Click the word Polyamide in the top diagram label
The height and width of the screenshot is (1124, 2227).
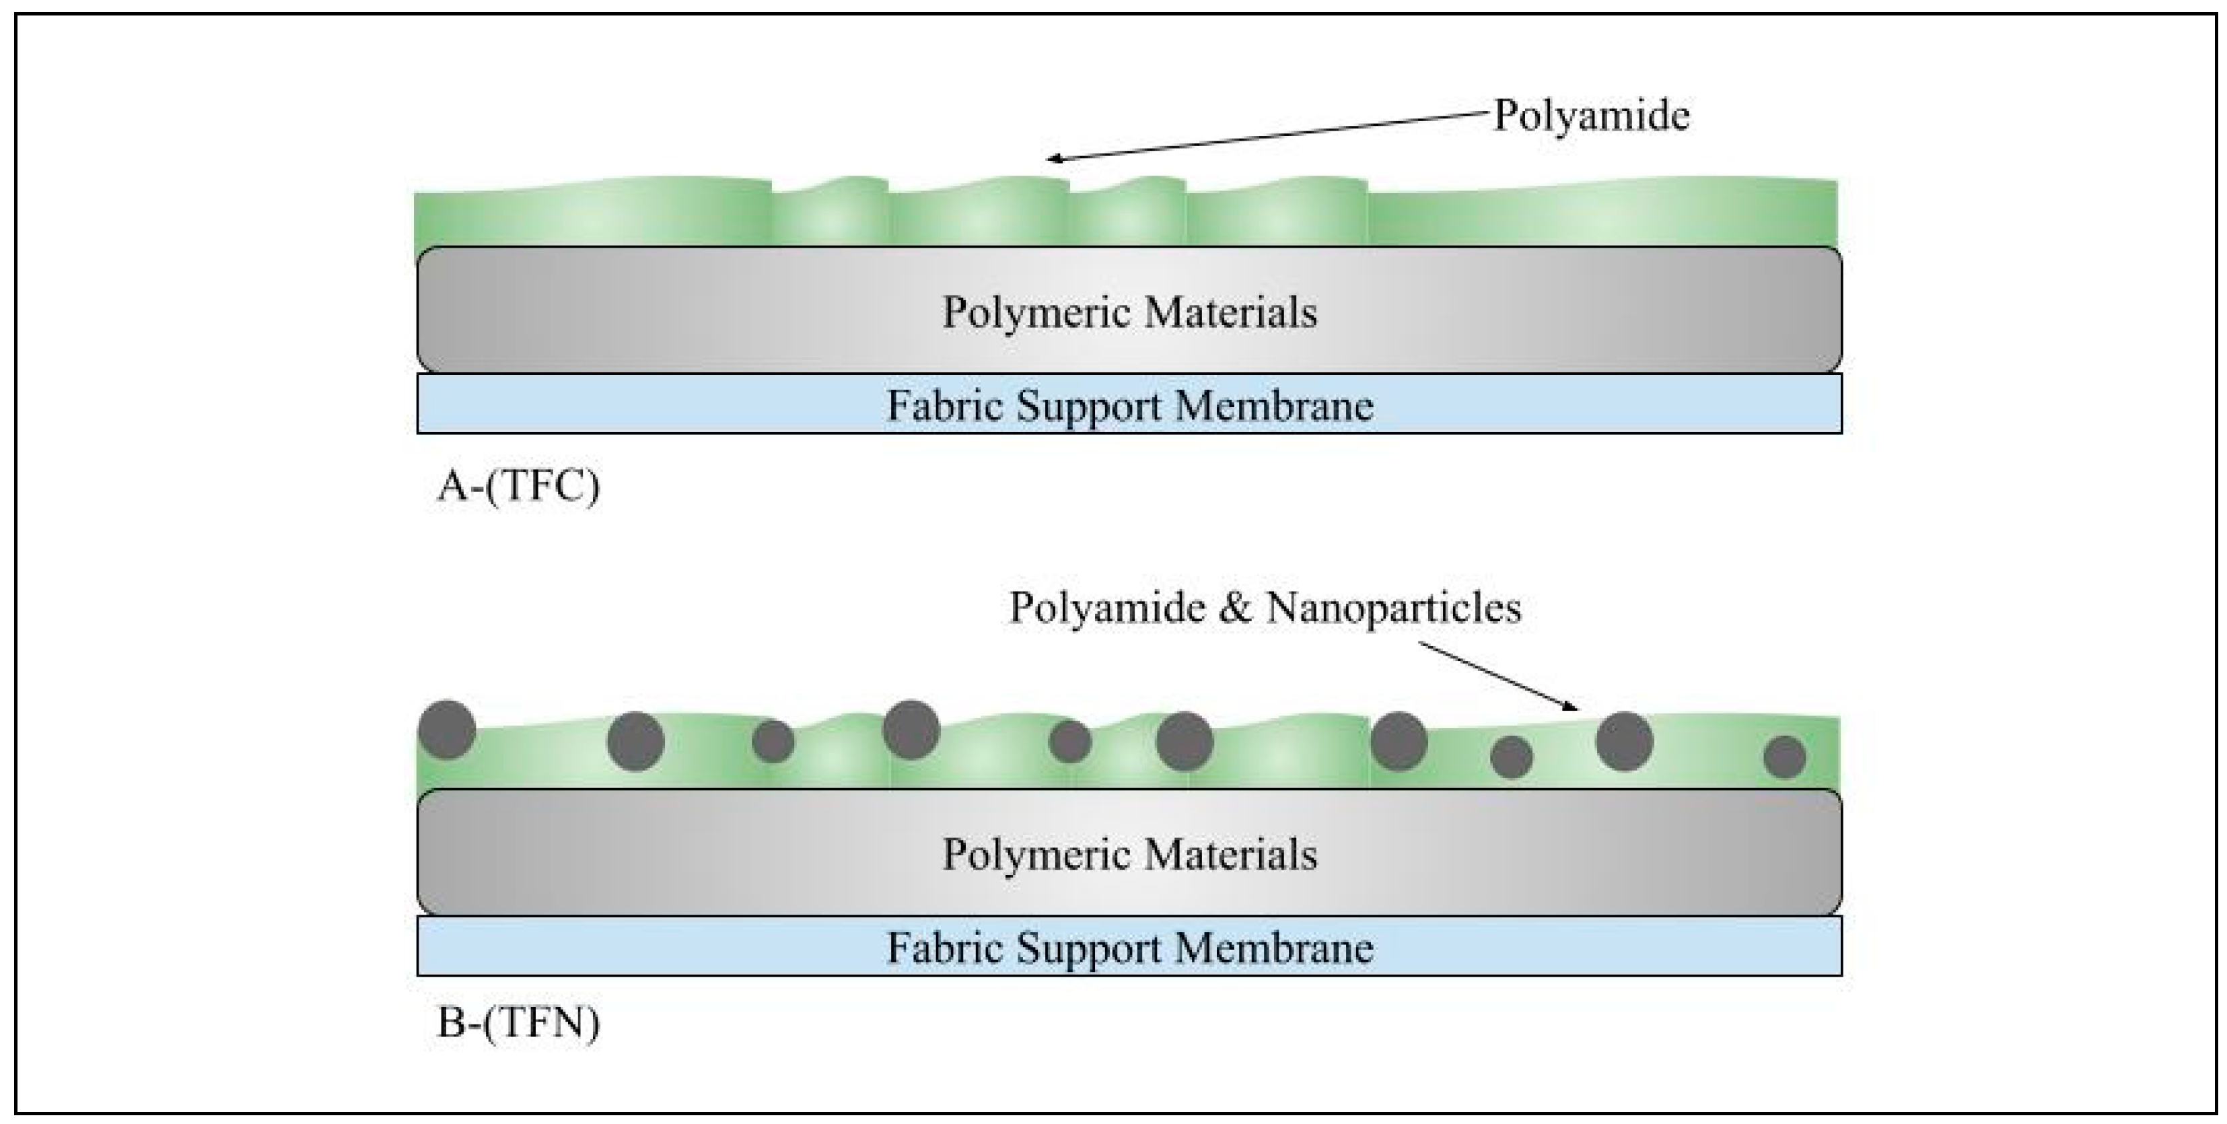point(1591,115)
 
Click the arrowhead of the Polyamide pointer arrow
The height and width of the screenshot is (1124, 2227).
point(1051,159)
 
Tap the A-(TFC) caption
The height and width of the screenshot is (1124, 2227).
point(518,487)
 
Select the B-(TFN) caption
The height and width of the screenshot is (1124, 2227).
point(518,1024)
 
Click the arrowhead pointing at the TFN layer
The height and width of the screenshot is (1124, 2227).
point(1575,708)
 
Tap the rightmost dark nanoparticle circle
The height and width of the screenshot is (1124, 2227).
point(1784,757)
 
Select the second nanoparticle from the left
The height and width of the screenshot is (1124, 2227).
point(635,741)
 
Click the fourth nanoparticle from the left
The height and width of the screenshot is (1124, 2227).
point(911,730)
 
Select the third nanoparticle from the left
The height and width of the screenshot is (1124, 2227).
point(773,742)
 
